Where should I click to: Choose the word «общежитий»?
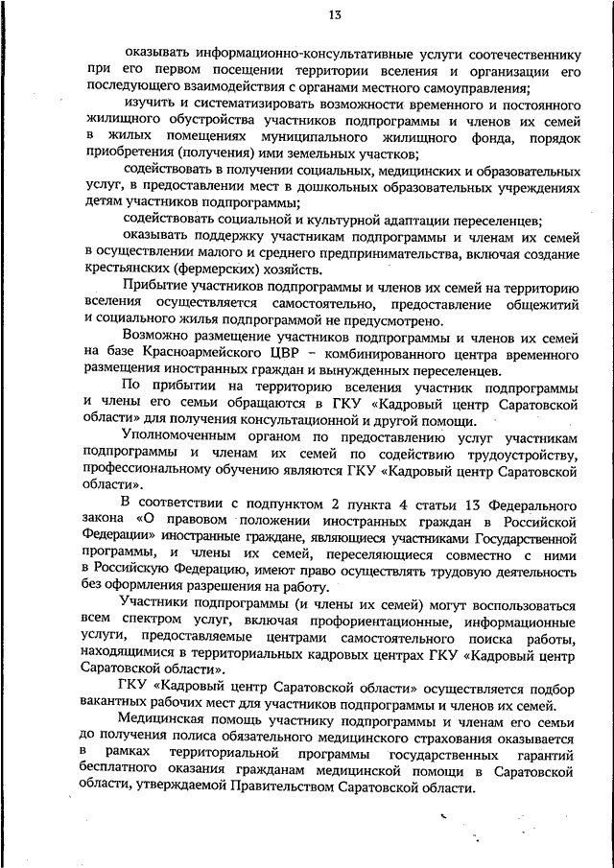pyautogui.click(x=537, y=304)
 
